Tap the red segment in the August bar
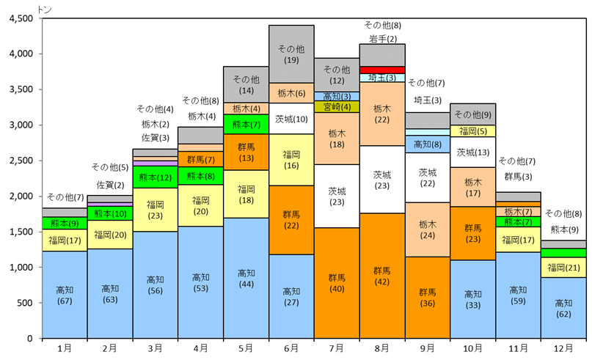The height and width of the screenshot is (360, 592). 382,70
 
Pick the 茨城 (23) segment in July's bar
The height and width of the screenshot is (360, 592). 337,196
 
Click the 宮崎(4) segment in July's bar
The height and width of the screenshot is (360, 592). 337,106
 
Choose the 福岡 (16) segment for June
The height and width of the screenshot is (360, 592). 291,160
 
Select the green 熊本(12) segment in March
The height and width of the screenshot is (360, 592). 155,177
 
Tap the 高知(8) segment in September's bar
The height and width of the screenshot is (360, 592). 428,144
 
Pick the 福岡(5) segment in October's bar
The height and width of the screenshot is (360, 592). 473,131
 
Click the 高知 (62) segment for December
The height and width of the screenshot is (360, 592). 563,308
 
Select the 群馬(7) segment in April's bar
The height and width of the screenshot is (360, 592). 200,159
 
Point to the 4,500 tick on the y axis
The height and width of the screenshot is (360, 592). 21,18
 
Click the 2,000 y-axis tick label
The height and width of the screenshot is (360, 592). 21,196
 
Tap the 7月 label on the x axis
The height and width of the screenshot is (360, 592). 337,348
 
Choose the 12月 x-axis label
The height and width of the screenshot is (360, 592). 563,348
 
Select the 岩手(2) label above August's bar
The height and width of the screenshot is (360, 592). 382,38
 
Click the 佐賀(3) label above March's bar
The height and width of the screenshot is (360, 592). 155,137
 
